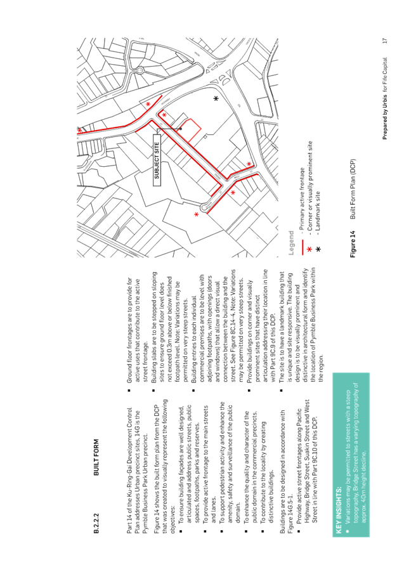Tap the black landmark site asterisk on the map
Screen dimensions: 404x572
216,98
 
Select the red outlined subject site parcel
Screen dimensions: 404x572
190,130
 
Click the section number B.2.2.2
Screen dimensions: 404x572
96,523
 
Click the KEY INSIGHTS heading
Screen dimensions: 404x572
83,510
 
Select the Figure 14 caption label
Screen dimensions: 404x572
353,244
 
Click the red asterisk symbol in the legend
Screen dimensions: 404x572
310,249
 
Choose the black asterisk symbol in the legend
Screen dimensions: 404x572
318,249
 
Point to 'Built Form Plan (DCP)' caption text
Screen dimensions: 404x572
353,189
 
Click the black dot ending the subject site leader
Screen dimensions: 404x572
180,129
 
